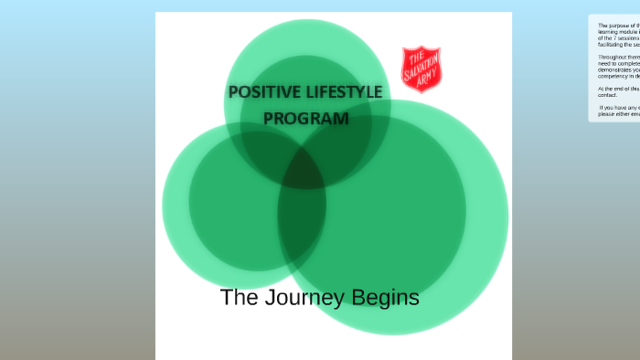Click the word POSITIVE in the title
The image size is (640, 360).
[x=261, y=92]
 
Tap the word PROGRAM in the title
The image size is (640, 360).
[x=306, y=118]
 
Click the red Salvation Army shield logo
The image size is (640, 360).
[x=421, y=69]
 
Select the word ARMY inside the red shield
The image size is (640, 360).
[x=425, y=80]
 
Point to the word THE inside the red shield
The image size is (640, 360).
[x=415, y=58]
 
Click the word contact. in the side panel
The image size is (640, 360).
[x=608, y=94]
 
